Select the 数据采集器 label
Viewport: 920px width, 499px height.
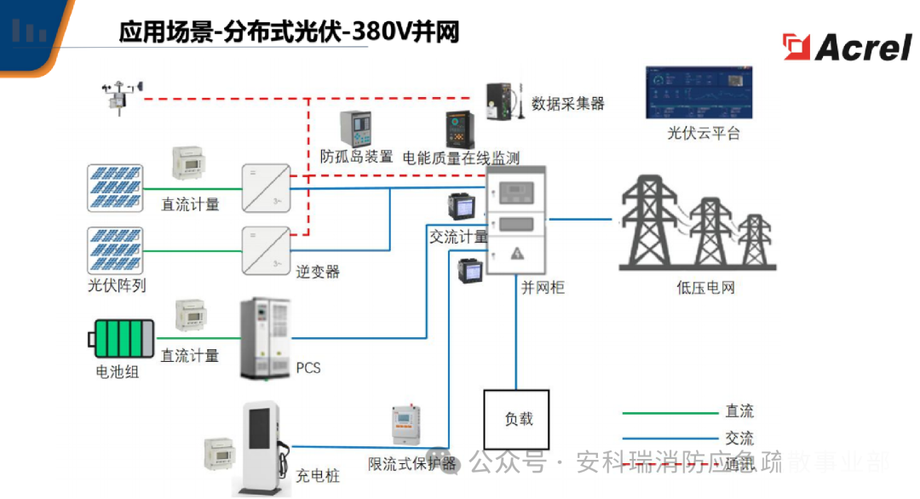pyautogui.click(x=567, y=104)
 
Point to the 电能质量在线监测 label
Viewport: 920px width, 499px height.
pyautogui.click(x=460, y=158)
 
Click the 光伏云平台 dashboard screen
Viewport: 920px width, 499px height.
pyautogui.click(x=703, y=93)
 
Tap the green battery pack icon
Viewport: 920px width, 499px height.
pyautogui.click(x=123, y=338)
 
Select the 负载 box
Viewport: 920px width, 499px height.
pyautogui.click(x=516, y=419)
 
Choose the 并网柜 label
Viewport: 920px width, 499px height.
pyautogui.click(x=543, y=287)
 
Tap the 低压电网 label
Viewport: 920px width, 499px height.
pyautogui.click(x=704, y=287)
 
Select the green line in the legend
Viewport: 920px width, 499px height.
pyautogui.click(x=670, y=413)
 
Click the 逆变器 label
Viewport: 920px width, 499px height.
pyautogui.click(x=318, y=272)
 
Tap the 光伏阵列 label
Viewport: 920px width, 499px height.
pyautogui.click(x=117, y=285)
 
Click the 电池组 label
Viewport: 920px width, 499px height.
pyautogui.click(x=117, y=372)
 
